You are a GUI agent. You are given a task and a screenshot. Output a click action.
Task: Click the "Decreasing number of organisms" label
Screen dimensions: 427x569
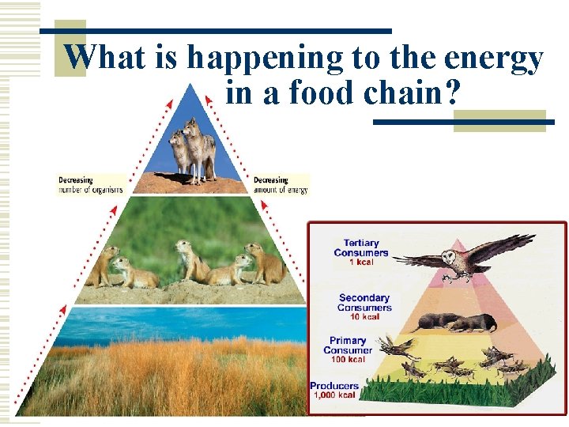90,185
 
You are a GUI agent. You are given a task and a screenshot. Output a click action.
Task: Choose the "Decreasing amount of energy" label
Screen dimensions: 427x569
281,185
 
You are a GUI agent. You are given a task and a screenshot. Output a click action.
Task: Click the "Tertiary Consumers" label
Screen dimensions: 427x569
361,248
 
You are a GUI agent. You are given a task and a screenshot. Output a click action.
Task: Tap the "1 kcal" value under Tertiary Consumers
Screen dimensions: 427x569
361,262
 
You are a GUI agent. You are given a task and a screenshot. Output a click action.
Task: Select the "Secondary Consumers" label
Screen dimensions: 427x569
364,302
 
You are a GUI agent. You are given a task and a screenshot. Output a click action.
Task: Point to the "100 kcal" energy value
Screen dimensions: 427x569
348,360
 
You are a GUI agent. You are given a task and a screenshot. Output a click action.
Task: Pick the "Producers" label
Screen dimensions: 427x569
334,386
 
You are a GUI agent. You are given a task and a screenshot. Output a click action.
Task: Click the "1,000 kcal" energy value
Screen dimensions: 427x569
335,395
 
